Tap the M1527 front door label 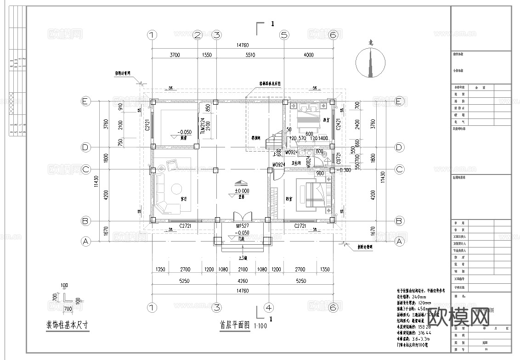click(243, 226)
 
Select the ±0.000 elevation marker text click(242, 191)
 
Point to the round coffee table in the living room click(176, 189)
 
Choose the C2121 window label click(148, 124)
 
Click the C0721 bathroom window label click(338, 158)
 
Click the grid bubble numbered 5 click(284, 35)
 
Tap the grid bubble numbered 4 click(269, 307)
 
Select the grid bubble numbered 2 click(198, 35)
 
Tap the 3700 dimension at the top click(175, 55)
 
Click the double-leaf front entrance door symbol click(242, 217)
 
